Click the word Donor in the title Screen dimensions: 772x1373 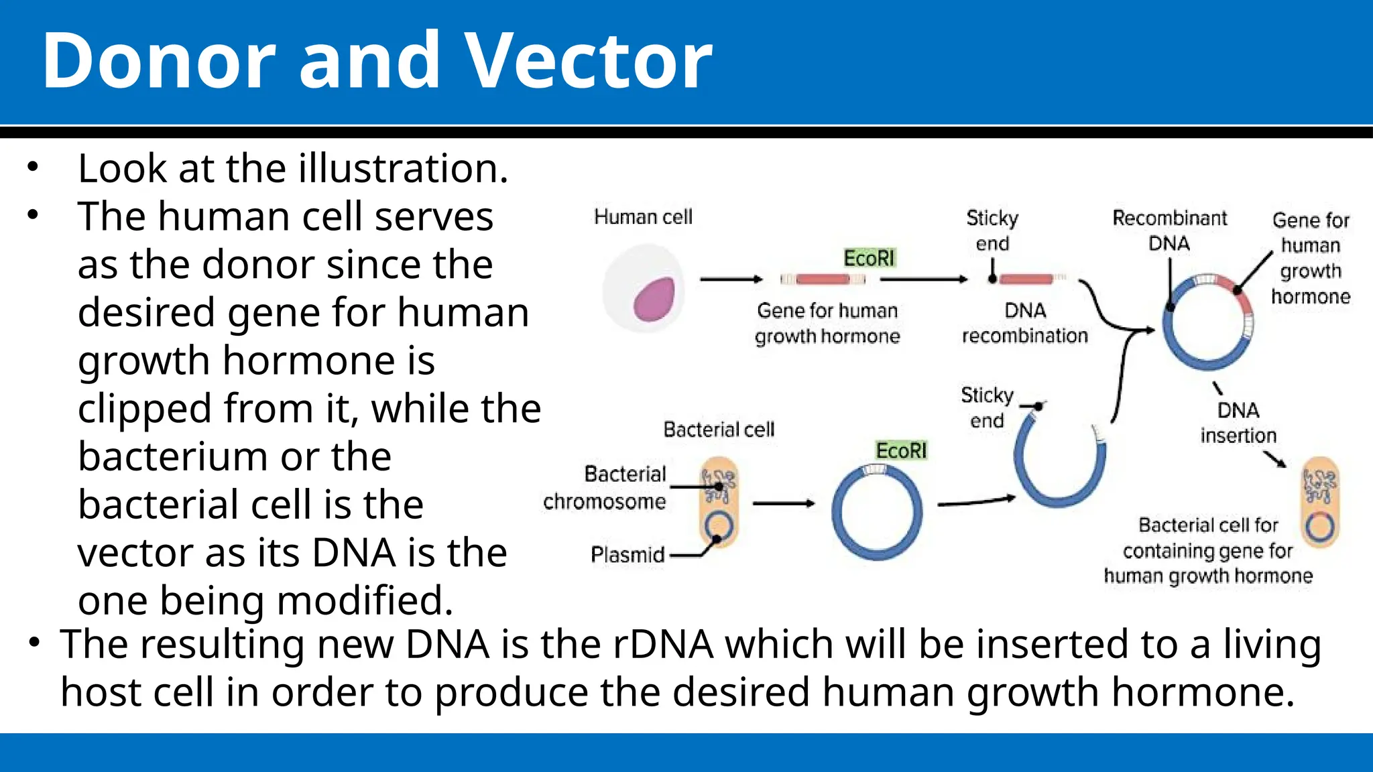click(x=159, y=62)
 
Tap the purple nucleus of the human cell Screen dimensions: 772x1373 click(x=654, y=299)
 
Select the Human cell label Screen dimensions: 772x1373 click(x=643, y=217)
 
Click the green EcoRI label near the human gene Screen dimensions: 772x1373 click(x=869, y=258)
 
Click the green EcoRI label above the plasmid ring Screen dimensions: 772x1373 click(x=901, y=450)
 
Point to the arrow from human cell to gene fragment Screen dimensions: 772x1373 click(x=731, y=279)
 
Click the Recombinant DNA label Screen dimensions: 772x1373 click(x=1169, y=230)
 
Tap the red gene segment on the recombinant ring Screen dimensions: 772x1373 click(x=1240, y=295)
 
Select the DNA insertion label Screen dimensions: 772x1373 click(x=1238, y=423)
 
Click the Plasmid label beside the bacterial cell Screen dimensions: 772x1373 click(x=628, y=555)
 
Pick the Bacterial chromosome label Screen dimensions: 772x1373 click(x=605, y=488)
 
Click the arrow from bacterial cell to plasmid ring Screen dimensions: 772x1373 click(x=783, y=503)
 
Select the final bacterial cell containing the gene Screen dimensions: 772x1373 click(x=1320, y=503)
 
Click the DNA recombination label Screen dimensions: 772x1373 click(x=1025, y=323)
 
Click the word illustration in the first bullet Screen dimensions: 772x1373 click(x=403, y=168)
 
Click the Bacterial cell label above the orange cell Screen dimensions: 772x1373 click(x=719, y=429)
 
